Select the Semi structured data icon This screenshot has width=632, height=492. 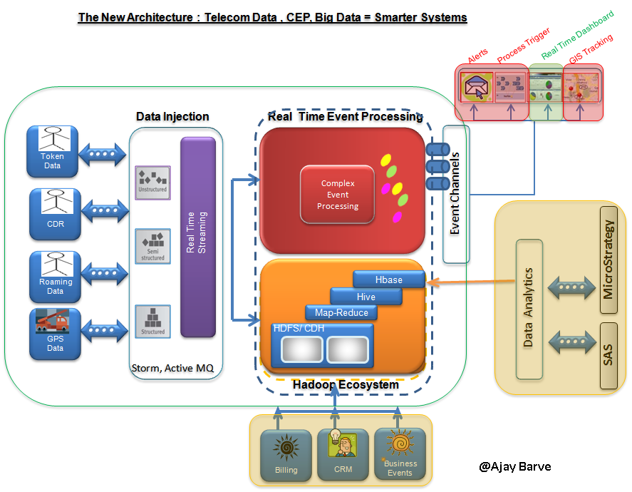point(152,246)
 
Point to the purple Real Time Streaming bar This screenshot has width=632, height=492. point(197,237)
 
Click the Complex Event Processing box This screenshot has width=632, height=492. point(338,195)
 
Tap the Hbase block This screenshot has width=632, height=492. point(389,280)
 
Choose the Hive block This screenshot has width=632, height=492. point(366,296)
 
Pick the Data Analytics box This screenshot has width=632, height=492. point(529,309)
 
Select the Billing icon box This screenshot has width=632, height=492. point(286,454)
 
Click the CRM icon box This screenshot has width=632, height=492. point(343,454)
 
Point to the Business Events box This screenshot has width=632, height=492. point(400,454)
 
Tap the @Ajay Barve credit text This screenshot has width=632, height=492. point(515,467)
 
